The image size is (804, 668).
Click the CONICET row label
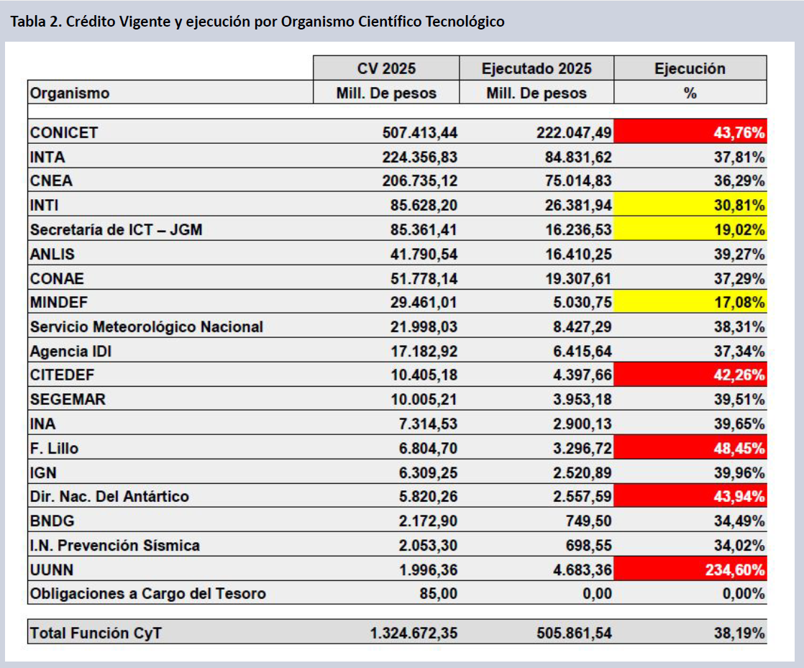(x=64, y=132)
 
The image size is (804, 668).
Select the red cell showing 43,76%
(x=690, y=132)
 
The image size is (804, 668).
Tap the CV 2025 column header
(x=386, y=68)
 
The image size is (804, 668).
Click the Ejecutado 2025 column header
(x=536, y=68)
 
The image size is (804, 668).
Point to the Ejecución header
(x=690, y=68)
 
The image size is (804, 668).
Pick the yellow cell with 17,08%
(x=690, y=303)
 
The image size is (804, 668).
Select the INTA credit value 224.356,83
(x=420, y=157)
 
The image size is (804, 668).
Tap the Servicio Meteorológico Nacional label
(x=147, y=327)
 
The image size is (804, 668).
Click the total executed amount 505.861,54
(x=574, y=633)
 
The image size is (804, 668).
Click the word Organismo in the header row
(x=70, y=93)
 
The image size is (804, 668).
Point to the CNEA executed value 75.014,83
(x=577, y=181)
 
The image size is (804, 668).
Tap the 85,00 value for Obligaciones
(x=439, y=594)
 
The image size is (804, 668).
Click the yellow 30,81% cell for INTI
(x=690, y=206)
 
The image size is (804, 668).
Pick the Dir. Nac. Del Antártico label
(x=109, y=497)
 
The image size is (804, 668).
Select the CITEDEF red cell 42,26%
(x=690, y=375)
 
